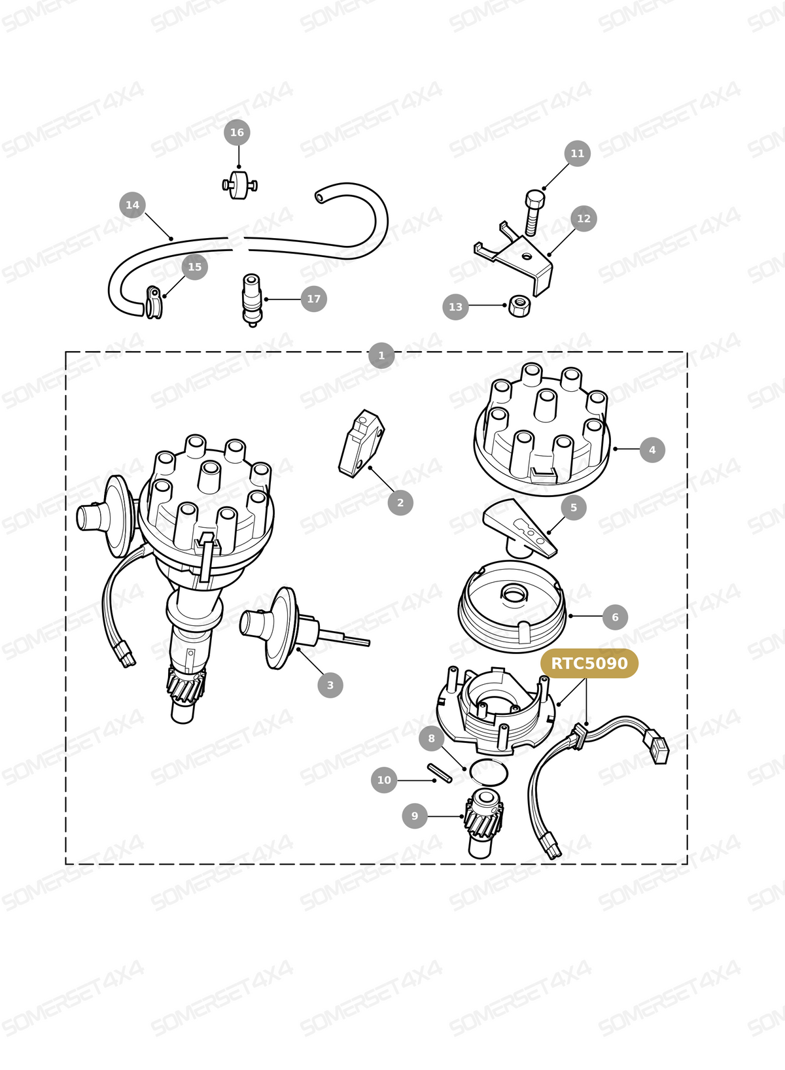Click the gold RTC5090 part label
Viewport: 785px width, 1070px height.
pos(589,663)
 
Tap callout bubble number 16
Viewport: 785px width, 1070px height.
pos(237,132)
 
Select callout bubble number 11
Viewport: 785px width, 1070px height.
pos(577,153)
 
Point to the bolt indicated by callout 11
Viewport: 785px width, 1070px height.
pos(534,213)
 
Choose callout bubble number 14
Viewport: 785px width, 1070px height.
pos(132,205)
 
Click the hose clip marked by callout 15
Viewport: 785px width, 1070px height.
pos(153,302)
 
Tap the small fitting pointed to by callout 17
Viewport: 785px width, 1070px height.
pos(252,300)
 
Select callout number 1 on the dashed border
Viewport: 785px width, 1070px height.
pos(381,355)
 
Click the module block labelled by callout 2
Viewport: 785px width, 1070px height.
pos(361,444)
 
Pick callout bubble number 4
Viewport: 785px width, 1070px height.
pos(652,449)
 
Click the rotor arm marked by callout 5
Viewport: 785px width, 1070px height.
pos(520,528)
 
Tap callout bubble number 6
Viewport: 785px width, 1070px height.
pos(615,617)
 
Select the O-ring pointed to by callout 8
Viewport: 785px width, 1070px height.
pos(488,772)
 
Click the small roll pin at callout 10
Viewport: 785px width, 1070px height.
pos(440,772)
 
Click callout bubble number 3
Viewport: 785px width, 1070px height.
pos(330,685)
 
